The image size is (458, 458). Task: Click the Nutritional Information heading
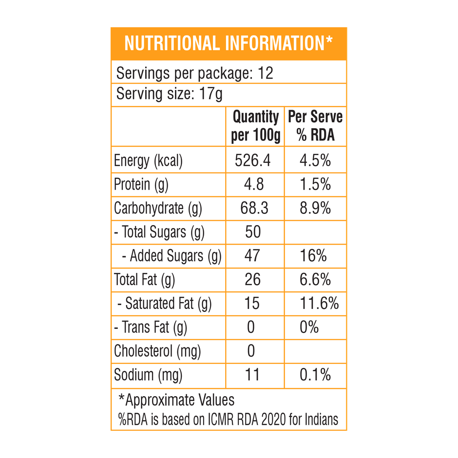[229, 43]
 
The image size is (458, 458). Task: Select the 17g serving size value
[211, 94]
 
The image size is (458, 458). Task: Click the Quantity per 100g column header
[255, 126]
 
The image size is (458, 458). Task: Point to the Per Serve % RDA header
[315, 126]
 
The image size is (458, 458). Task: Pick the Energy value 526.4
[252, 161]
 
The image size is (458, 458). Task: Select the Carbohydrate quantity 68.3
[254, 209]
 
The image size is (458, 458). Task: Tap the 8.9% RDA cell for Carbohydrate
[315, 209]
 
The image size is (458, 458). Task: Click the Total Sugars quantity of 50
[253, 232]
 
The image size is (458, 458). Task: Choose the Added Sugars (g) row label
[171, 256]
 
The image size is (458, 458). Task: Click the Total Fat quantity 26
[252, 280]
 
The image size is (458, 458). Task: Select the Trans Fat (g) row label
[150, 327]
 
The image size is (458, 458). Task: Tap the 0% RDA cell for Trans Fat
[309, 327]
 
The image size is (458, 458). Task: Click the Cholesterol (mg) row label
[157, 351]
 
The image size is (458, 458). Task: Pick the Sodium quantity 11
[252, 375]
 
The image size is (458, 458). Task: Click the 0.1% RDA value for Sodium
[315, 375]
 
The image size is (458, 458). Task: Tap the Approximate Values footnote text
[176, 400]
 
